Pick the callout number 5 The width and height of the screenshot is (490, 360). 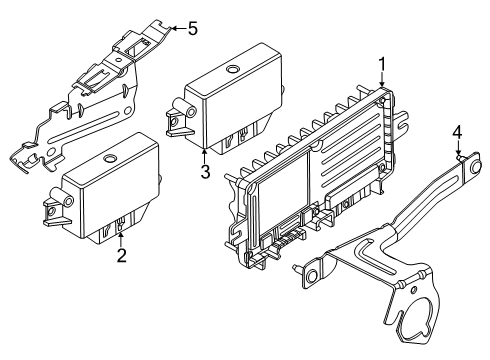click(194, 27)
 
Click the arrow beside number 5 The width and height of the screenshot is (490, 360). click(175, 27)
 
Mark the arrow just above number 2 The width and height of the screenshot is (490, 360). click(121, 236)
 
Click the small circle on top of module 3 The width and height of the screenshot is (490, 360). click(232, 70)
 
